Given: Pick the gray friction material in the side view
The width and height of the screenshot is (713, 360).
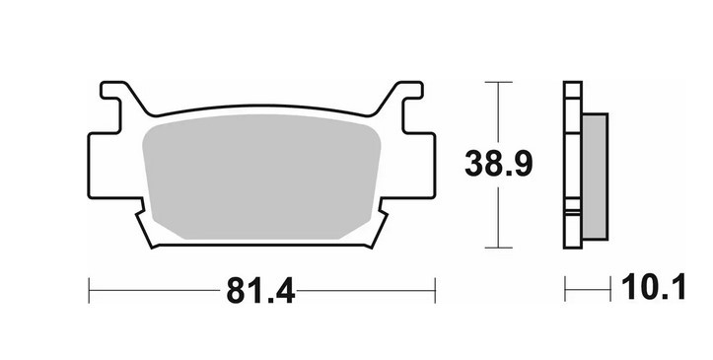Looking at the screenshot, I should coord(595,175).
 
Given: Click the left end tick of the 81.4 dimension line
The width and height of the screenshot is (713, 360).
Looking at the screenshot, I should coord(90,290).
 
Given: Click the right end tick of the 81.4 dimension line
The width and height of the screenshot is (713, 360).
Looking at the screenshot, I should coord(435,290).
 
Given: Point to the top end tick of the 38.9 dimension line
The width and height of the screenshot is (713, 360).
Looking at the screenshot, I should coord(499,83).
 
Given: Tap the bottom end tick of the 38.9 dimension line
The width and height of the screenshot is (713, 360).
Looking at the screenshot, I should coord(499,247).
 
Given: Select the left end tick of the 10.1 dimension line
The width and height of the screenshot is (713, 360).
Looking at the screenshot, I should coord(566,290).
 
